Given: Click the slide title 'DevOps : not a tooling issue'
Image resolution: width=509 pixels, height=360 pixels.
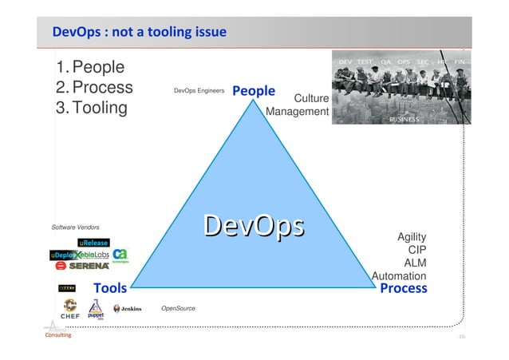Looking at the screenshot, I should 139,33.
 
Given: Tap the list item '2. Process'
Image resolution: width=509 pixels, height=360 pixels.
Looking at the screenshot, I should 93,87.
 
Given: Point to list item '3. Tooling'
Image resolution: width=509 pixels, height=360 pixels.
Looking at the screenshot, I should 90,108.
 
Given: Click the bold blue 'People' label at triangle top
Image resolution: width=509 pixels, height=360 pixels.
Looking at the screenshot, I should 254,91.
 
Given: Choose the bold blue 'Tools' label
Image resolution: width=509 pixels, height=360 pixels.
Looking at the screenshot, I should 111,287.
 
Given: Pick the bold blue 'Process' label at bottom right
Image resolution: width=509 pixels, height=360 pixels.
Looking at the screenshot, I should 404,288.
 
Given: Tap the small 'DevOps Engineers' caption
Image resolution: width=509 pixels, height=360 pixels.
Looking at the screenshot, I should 199,92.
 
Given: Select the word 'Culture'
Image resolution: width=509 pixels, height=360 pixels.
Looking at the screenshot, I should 311,98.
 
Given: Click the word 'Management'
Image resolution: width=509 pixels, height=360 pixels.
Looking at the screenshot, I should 297,112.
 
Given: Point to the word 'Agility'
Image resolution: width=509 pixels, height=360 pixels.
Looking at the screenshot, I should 412,237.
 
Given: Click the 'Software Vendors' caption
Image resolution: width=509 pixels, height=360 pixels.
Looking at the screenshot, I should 76,227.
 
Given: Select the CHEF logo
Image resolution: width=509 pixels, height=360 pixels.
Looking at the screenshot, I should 70,309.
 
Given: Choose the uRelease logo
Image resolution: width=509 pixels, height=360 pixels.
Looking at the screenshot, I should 93,243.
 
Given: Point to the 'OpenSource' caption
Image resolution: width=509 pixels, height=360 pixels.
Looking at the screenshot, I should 178,307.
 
